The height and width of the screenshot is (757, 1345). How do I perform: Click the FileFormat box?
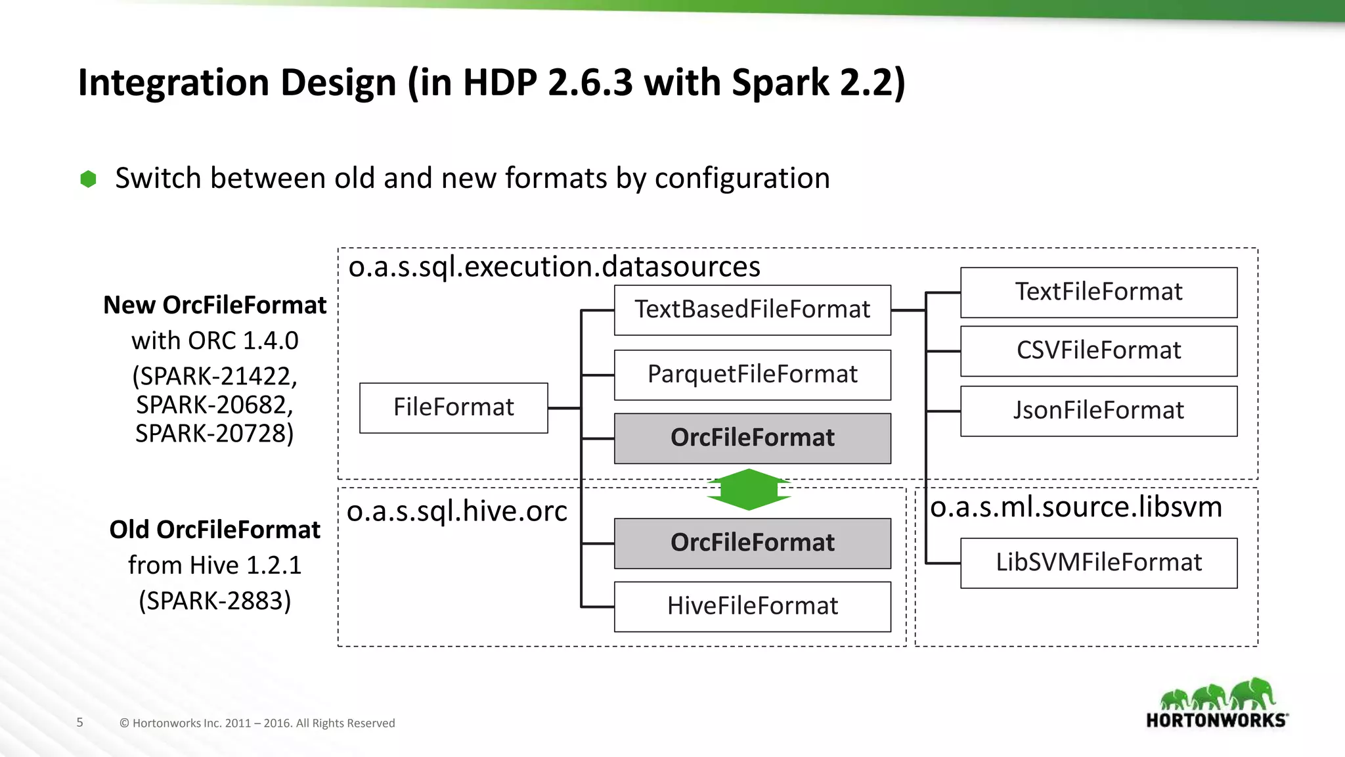(453, 407)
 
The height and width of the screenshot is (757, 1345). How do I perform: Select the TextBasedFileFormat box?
(752, 310)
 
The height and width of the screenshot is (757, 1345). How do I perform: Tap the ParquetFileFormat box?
(752, 375)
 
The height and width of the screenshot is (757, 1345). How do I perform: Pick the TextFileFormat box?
(1098, 292)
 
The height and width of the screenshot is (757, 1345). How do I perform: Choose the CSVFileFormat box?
(1098, 350)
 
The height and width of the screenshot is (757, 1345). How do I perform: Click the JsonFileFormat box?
(1098, 411)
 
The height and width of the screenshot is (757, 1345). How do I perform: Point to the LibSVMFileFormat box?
(1098, 562)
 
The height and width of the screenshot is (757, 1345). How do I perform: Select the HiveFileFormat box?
(752, 606)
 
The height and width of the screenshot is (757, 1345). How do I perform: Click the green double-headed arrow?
(749, 490)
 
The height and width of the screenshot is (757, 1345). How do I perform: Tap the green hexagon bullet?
(88, 179)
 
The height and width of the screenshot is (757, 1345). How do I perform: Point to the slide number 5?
(79, 722)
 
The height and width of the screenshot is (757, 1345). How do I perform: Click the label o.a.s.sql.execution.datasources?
(554, 267)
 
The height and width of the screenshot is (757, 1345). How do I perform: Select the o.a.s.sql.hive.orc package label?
(456, 511)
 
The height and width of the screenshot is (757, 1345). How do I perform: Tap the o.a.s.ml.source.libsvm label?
(1076, 507)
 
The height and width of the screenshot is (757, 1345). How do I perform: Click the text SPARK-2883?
(215, 601)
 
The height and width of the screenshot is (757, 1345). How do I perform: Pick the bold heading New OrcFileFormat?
(215, 305)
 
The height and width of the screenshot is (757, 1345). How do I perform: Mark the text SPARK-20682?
(215, 405)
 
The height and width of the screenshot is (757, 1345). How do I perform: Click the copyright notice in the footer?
(257, 723)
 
